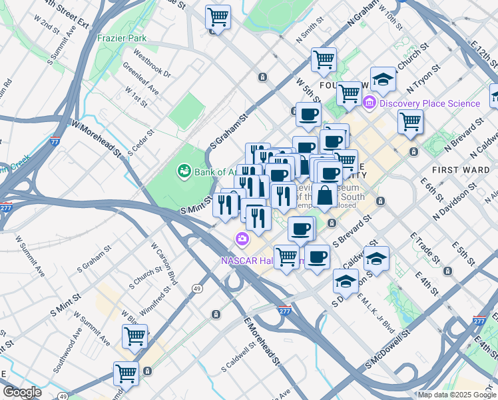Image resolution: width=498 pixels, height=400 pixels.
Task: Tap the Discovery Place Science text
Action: (431, 103)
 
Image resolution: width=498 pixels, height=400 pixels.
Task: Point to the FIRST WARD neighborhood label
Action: (465, 170)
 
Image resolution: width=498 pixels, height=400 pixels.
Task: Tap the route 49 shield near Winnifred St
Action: (198, 288)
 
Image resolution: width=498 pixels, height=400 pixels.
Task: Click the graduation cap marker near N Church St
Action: (383, 80)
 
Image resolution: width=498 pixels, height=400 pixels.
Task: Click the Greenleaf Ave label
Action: (140, 78)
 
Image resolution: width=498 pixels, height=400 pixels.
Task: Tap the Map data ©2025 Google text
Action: (456, 395)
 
